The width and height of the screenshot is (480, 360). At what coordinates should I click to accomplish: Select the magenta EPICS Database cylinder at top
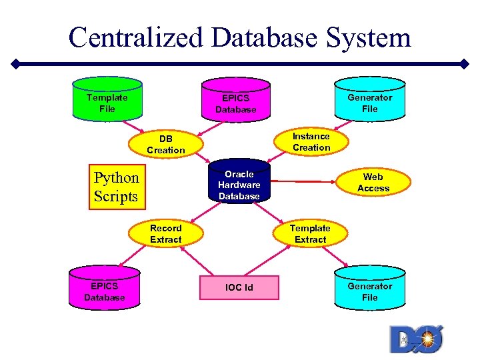pos(236,101)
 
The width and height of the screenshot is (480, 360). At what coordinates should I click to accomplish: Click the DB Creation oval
pos(166,144)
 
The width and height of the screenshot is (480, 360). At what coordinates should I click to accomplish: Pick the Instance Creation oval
pos(311,141)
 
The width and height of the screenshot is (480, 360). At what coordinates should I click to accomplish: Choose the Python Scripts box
pos(117,187)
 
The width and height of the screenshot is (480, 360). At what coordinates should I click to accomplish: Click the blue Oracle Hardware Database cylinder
pos(239,181)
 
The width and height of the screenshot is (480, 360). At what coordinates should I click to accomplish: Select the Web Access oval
pos(373,182)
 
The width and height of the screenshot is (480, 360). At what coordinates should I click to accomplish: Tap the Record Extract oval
pos(166,233)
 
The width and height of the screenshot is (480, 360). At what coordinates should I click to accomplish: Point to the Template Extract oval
pos(310,233)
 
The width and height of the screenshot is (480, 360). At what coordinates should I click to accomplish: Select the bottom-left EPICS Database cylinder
pos(105,289)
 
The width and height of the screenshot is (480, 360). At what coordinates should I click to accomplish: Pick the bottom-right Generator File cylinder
pos(369,289)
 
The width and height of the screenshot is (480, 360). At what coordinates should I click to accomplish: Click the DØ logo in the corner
pos(416,339)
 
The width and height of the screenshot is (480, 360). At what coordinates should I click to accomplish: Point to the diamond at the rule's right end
pos(465,65)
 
